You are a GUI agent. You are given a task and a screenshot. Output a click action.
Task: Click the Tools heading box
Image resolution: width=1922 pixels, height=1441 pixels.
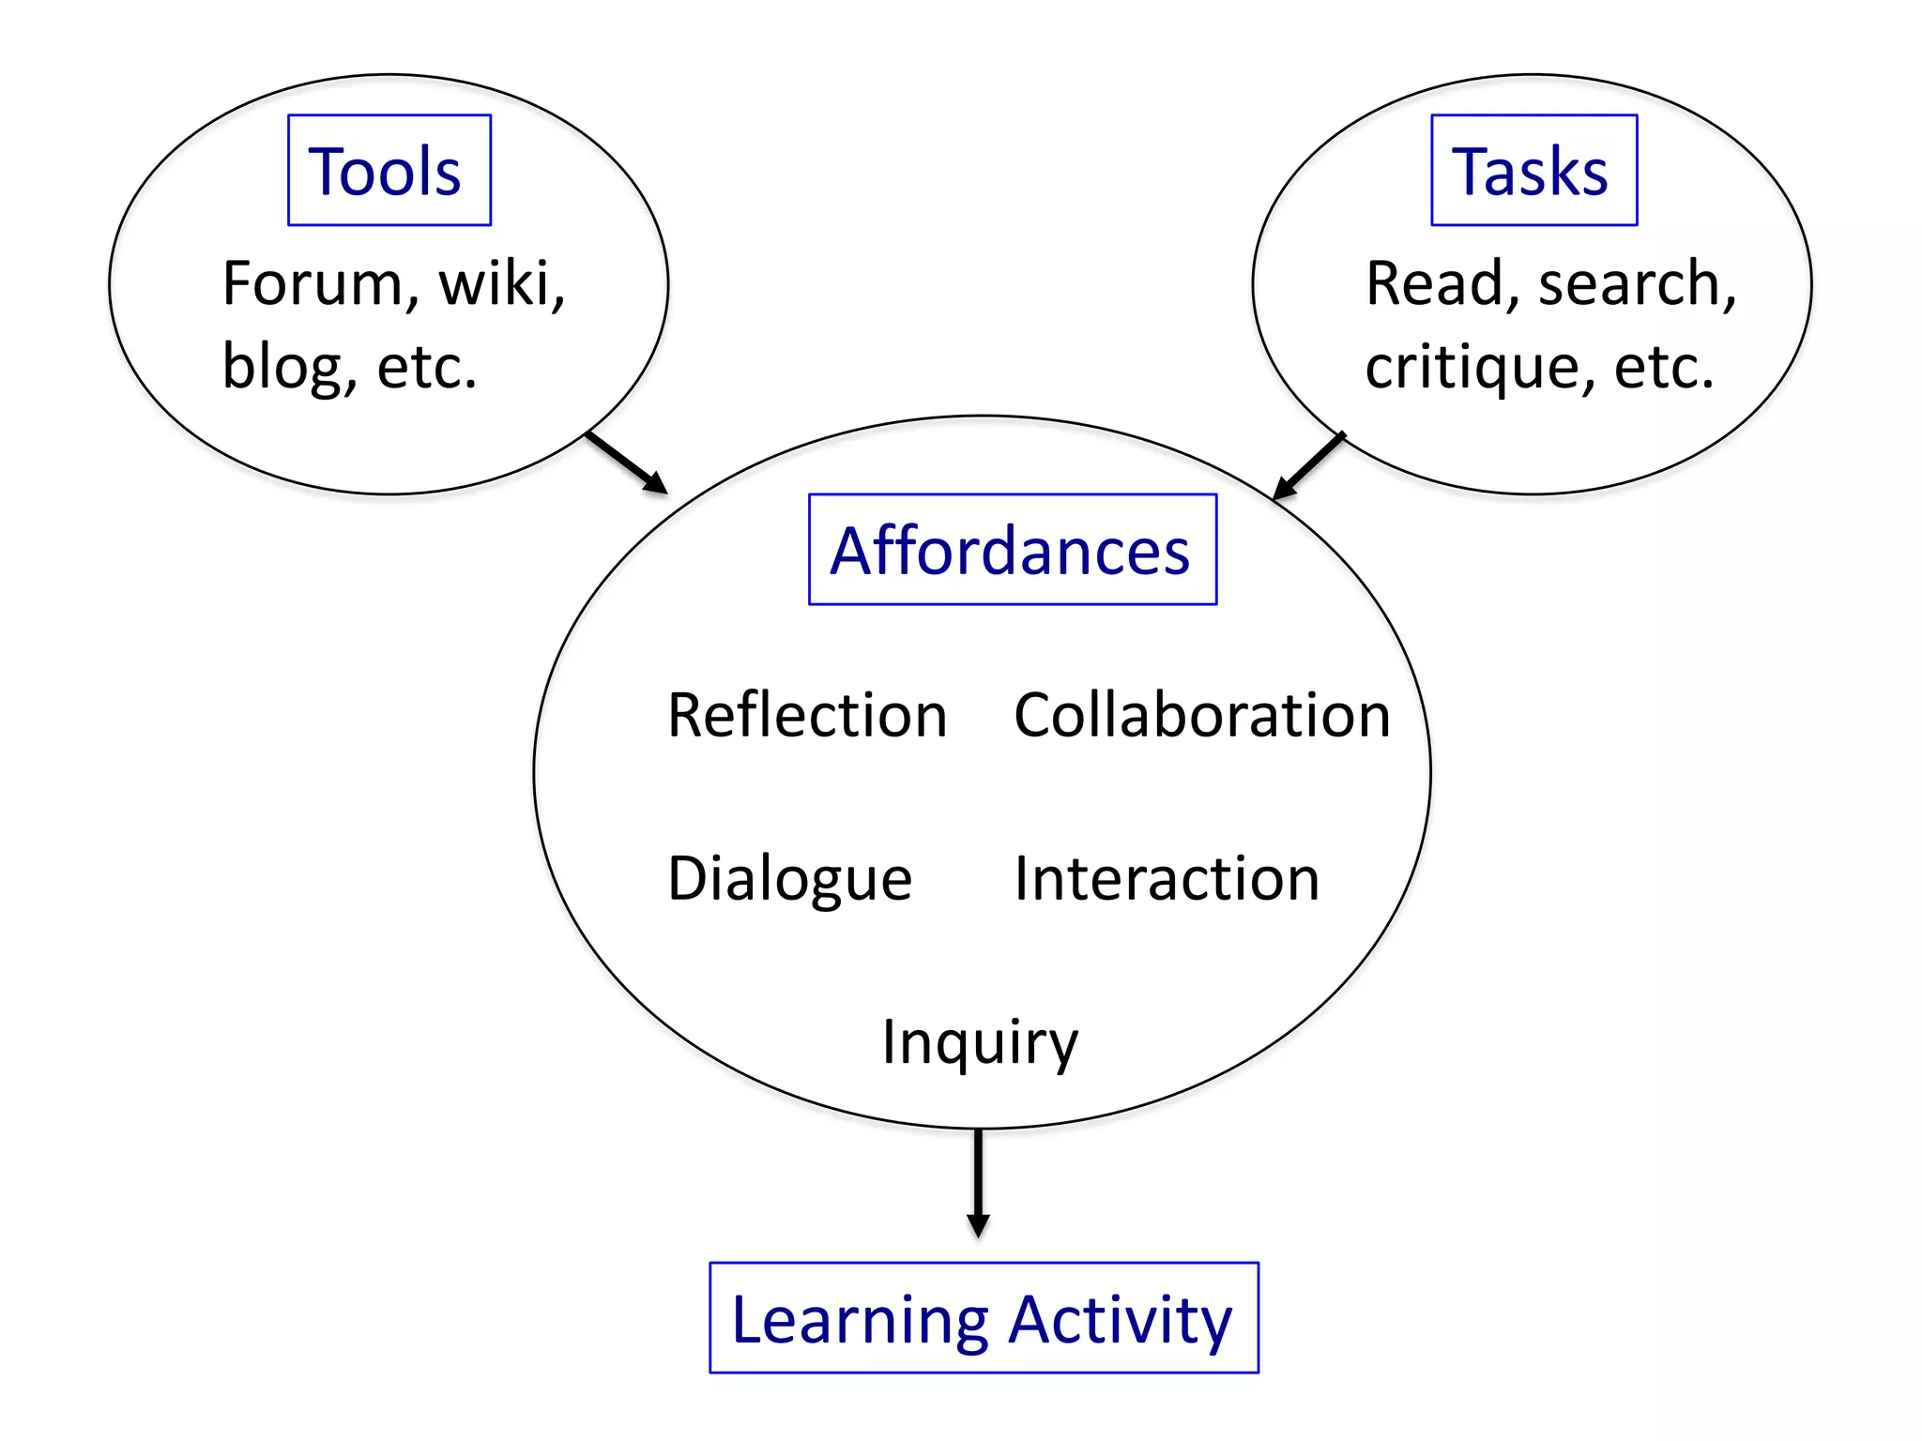(389, 171)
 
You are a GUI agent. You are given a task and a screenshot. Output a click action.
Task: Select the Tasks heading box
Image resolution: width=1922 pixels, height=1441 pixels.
(1533, 171)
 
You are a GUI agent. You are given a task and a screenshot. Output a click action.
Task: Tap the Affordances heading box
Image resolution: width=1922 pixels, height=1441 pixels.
(1012, 550)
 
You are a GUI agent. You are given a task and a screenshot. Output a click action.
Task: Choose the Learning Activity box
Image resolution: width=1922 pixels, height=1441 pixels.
(984, 1318)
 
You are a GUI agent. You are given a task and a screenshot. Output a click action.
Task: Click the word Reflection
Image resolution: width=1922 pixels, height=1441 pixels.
(807, 715)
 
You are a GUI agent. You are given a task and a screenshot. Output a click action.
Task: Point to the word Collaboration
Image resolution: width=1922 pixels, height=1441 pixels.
(1201, 715)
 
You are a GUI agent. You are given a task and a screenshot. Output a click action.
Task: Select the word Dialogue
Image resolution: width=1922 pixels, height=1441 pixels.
(789, 879)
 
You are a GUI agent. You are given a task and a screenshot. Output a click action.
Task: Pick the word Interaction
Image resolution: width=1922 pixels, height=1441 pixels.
(1167, 879)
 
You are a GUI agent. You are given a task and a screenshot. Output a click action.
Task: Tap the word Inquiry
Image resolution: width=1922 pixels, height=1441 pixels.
(980, 1042)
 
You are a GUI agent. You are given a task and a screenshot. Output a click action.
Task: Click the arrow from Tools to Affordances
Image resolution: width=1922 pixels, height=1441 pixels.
(626, 462)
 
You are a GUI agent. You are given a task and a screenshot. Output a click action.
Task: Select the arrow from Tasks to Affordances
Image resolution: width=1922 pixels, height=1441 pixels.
(1309, 465)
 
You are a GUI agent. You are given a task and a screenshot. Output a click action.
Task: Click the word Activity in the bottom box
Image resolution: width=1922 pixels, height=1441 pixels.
(1121, 1320)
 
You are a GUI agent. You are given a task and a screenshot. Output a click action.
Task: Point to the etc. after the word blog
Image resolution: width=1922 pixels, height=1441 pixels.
(427, 366)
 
